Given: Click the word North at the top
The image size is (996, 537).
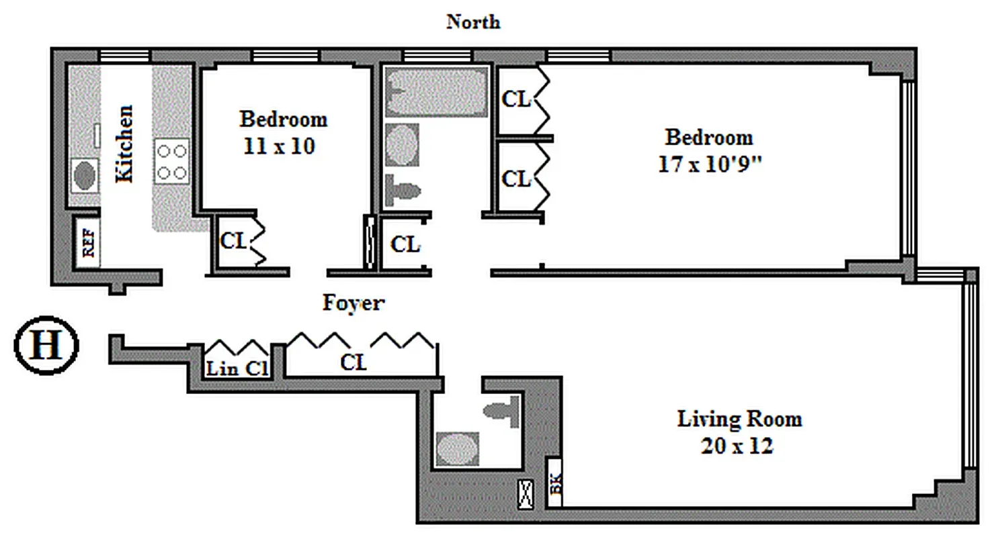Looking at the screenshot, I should (473, 21).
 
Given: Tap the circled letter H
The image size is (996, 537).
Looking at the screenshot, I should (46, 346).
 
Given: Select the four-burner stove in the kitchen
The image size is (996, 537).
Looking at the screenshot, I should (171, 161).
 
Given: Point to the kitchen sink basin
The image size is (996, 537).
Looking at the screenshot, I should (84, 176).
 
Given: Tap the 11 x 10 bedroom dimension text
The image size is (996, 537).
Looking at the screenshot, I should (278, 146).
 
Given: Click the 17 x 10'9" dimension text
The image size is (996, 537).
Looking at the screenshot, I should (709, 164).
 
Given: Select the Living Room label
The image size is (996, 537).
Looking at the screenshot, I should (739, 420).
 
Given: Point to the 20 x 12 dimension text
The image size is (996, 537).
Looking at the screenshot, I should (737, 445).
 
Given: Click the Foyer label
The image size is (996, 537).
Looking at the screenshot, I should (354, 303).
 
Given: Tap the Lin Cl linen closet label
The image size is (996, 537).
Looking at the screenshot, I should (237, 368).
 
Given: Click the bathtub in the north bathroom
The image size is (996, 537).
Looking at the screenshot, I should (435, 92).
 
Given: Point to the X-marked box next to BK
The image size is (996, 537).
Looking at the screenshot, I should (526, 493).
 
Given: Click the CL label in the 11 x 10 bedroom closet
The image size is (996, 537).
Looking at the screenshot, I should (233, 241).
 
